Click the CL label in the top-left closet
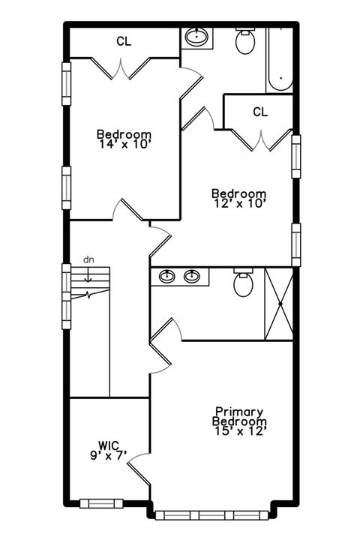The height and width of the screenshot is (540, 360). click(124, 42)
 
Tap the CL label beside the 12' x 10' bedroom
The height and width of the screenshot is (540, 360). click(260, 112)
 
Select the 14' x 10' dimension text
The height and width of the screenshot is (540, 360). click(124, 145)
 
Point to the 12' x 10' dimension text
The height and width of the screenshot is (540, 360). click(238, 203)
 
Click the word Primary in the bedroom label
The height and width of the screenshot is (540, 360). click(238, 412)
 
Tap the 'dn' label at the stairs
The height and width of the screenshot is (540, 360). click(88, 259)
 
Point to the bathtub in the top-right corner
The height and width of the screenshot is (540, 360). click(279, 60)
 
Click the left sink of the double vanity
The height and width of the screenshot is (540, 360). click(166, 277)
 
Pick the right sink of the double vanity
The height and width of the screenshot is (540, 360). click(193, 277)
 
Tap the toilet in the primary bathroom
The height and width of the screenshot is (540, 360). click(243, 283)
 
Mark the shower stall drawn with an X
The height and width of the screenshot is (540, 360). click(278, 304)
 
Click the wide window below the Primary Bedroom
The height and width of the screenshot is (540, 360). click(213, 514)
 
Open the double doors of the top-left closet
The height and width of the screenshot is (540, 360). click(124, 69)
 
